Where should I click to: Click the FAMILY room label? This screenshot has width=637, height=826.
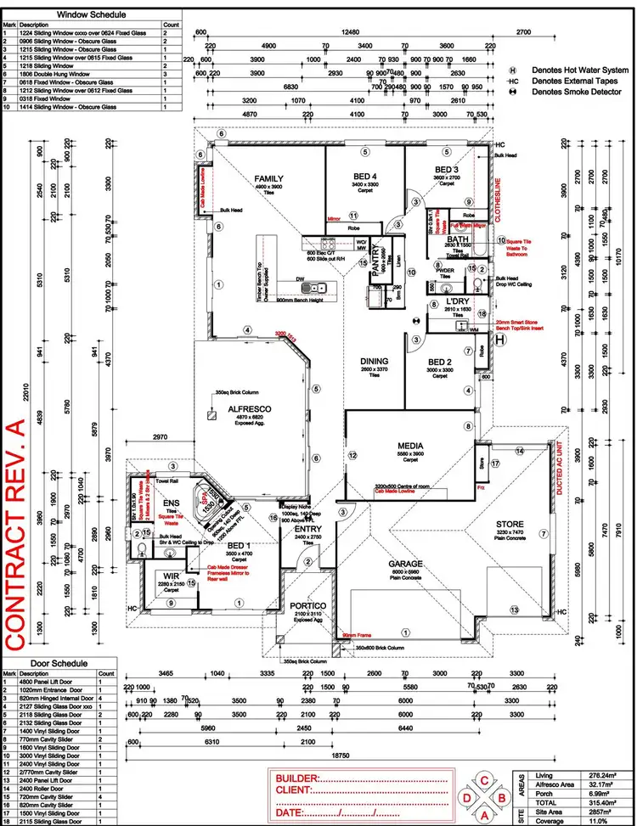click(x=268, y=178)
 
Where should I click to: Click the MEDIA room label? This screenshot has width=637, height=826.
click(x=412, y=445)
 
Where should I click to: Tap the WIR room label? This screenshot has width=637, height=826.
click(x=171, y=576)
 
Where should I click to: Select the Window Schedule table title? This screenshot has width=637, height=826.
click(x=92, y=14)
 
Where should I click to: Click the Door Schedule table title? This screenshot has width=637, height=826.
click(x=59, y=661)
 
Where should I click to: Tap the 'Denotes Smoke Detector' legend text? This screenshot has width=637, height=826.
click(x=581, y=92)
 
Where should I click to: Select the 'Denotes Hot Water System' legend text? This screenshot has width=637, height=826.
click(x=580, y=70)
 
